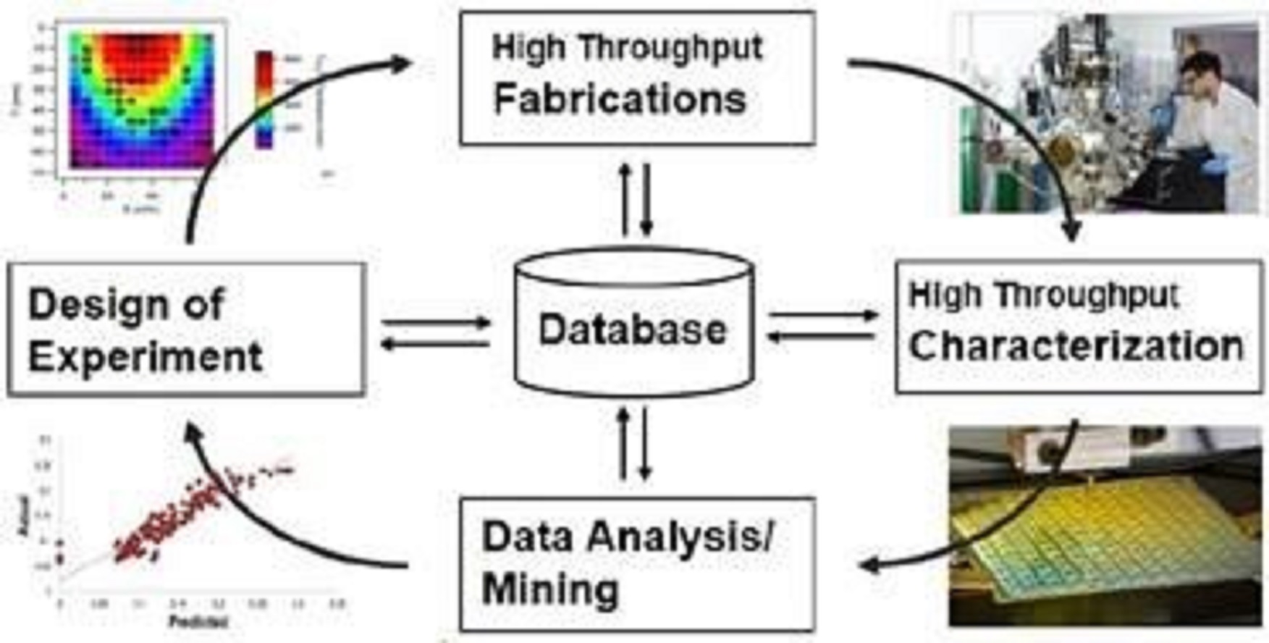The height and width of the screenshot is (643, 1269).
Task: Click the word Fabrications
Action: (x=620, y=99)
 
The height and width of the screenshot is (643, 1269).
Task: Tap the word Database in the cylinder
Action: (x=632, y=329)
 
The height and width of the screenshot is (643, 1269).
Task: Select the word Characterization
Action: (x=1076, y=346)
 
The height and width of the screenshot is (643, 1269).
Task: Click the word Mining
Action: (x=550, y=588)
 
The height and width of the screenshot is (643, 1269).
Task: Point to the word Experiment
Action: (x=145, y=356)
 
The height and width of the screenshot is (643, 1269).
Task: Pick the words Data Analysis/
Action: (x=627, y=537)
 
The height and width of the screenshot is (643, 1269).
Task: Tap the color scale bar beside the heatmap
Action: (x=264, y=100)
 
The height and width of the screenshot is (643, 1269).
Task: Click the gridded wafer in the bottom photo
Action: (x=1108, y=543)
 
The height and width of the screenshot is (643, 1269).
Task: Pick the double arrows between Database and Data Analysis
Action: (x=634, y=443)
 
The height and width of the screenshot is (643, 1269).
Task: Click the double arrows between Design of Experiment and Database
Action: (x=436, y=333)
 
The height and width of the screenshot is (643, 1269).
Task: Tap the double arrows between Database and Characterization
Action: (x=823, y=326)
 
